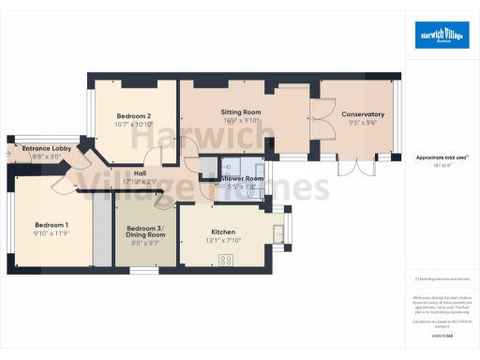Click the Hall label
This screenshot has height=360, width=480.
tap(140, 172)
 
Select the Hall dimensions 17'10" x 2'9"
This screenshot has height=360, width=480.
tap(140, 180)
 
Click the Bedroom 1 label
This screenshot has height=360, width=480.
tap(52, 225)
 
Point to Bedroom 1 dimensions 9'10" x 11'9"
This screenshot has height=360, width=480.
tap(52, 233)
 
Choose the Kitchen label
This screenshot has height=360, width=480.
tap(222, 232)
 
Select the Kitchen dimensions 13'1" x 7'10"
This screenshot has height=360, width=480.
tap(222, 239)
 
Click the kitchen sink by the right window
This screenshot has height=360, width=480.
tap(278, 232)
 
